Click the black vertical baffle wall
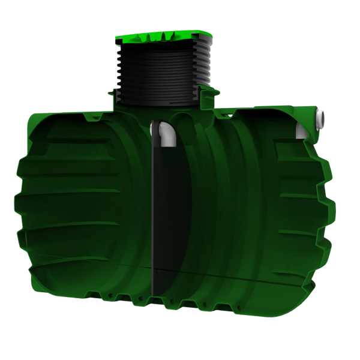point(155,210)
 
